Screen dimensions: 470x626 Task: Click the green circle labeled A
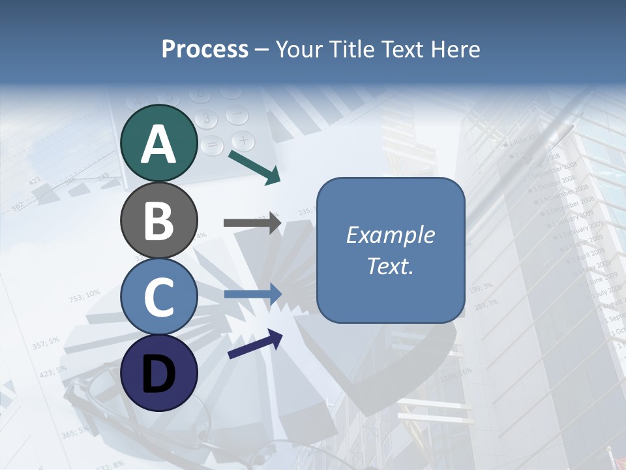click(x=159, y=143)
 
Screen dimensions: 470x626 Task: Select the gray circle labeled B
click(x=159, y=220)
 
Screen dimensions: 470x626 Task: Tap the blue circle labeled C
click(x=159, y=296)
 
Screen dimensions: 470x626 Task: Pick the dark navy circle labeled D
click(x=159, y=373)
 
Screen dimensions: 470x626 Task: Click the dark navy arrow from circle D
click(x=254, y=345)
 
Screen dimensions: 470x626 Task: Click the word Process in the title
click(x=205, y=49)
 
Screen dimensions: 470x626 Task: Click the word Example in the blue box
click(x=390, y=235)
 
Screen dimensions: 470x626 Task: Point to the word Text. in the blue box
click(x=390, y=266)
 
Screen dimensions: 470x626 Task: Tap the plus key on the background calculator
click(x=243, y=140)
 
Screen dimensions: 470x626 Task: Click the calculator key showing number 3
click(x=206, y=119)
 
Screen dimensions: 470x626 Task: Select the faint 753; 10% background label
click(x=84, y=296)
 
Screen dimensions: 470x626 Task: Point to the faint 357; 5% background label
click(x=45, y=343)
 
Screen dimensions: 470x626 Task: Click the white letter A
click(x=159, y=144)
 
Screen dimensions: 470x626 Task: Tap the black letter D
click(x=159, y=373)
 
